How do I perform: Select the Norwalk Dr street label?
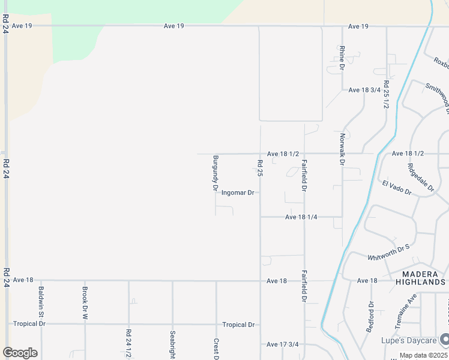342,149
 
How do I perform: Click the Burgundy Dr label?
215,173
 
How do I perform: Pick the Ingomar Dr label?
238,193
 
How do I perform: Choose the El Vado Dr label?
396,187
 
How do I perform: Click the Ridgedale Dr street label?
420,178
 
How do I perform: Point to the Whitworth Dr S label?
388,250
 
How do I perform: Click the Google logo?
20,353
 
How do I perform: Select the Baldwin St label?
41,302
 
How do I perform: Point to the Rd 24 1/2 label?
128,343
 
